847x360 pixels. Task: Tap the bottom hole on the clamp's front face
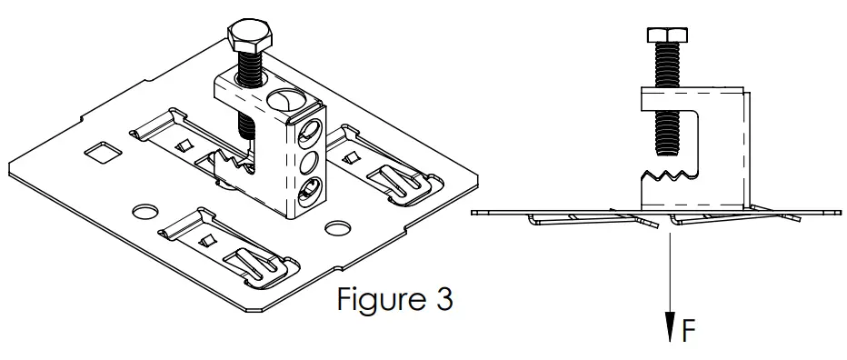(x=309, y=190)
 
